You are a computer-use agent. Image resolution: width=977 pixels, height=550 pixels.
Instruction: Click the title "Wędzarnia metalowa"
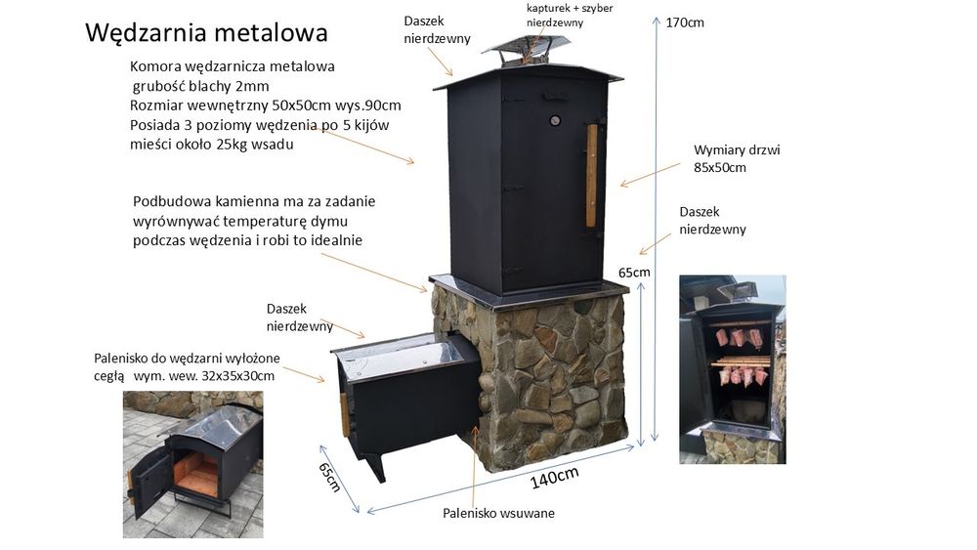(206, 33)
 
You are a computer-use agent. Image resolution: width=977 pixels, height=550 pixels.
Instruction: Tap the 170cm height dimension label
(685, 22)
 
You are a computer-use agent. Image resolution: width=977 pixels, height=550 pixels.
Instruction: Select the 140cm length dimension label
(555, 478)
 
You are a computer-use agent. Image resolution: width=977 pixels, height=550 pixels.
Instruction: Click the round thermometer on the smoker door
(555, 121)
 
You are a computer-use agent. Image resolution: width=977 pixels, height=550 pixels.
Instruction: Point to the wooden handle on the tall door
(591, 175)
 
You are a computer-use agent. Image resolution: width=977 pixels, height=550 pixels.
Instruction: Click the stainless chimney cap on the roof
(526, 49)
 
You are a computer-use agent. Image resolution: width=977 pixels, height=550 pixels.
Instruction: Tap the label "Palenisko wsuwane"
(498, 513)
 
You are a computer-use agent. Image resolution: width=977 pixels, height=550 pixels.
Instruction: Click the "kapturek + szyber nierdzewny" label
(570, 16)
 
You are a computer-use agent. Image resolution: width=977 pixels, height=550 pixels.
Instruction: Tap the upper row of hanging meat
(739, 337)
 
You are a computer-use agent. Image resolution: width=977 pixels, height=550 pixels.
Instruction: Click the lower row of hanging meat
(743, 375)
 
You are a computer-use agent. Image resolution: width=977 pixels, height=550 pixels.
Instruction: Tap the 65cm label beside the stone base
(634, 273)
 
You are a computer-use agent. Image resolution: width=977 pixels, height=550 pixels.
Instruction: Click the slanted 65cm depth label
(329, 477)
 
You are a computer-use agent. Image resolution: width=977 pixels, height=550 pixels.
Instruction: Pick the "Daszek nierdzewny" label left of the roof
(437, 29)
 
